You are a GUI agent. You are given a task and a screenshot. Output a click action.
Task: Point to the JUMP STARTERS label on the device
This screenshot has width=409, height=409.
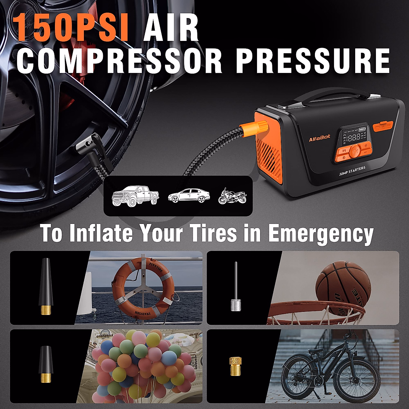click(x=352, y=171)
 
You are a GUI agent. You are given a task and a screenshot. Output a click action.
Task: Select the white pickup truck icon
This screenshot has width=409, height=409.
click(x=136, y=196)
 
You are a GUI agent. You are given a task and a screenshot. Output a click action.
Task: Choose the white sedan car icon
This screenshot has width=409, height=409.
click(x=188, y=196)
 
